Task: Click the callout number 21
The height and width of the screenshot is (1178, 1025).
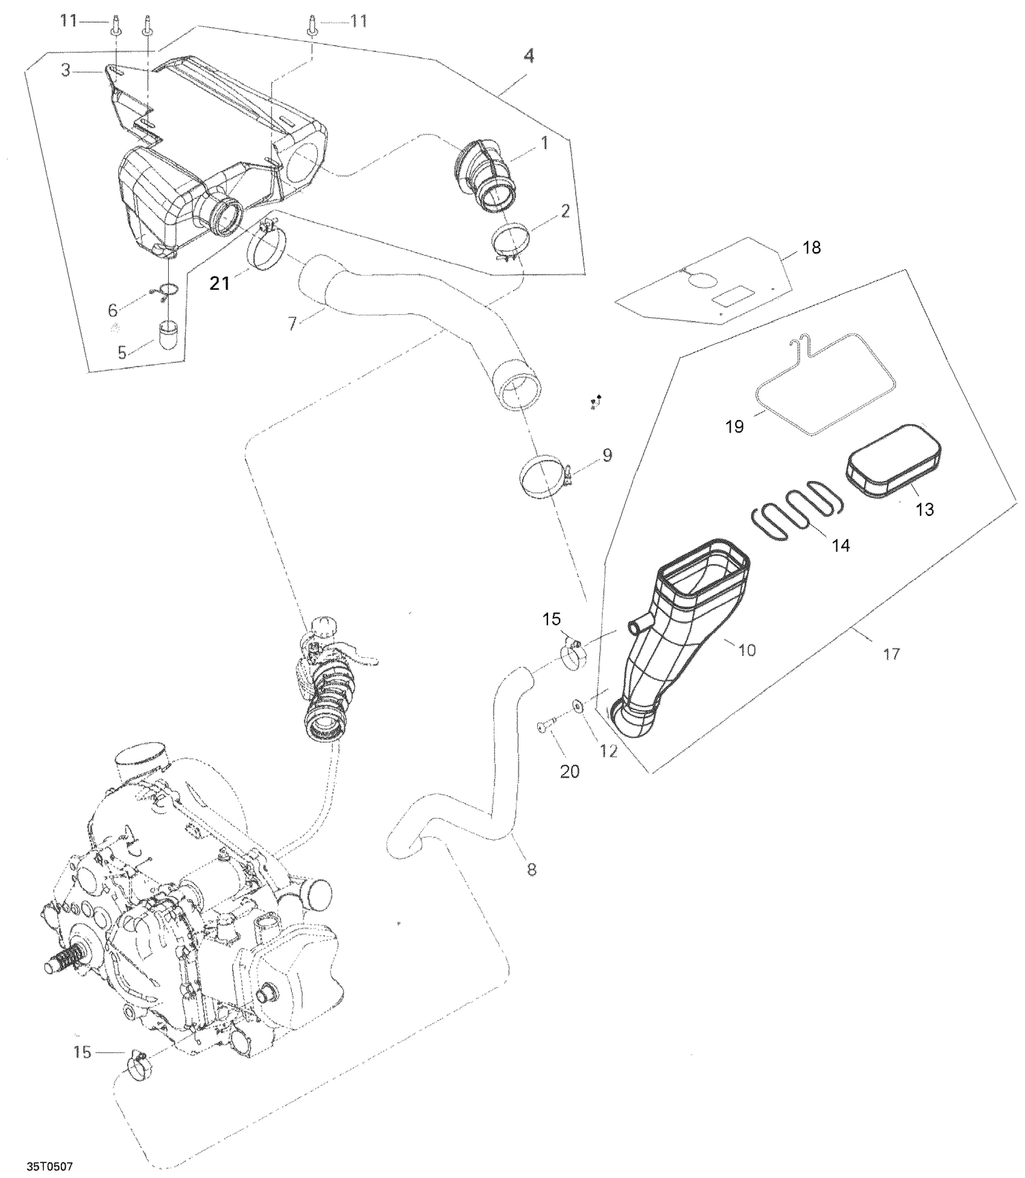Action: click(219, 283)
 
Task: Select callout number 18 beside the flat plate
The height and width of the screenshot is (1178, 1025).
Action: click(811, 247)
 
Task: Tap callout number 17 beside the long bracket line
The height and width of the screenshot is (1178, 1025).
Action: click(891, 654)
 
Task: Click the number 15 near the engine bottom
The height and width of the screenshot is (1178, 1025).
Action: click(82, 1052)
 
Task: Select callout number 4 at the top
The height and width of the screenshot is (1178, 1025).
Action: click(528, 56)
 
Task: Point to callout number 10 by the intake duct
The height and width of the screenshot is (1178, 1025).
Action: click(747, 650)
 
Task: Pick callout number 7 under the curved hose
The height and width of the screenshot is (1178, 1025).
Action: click(292, 323)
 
